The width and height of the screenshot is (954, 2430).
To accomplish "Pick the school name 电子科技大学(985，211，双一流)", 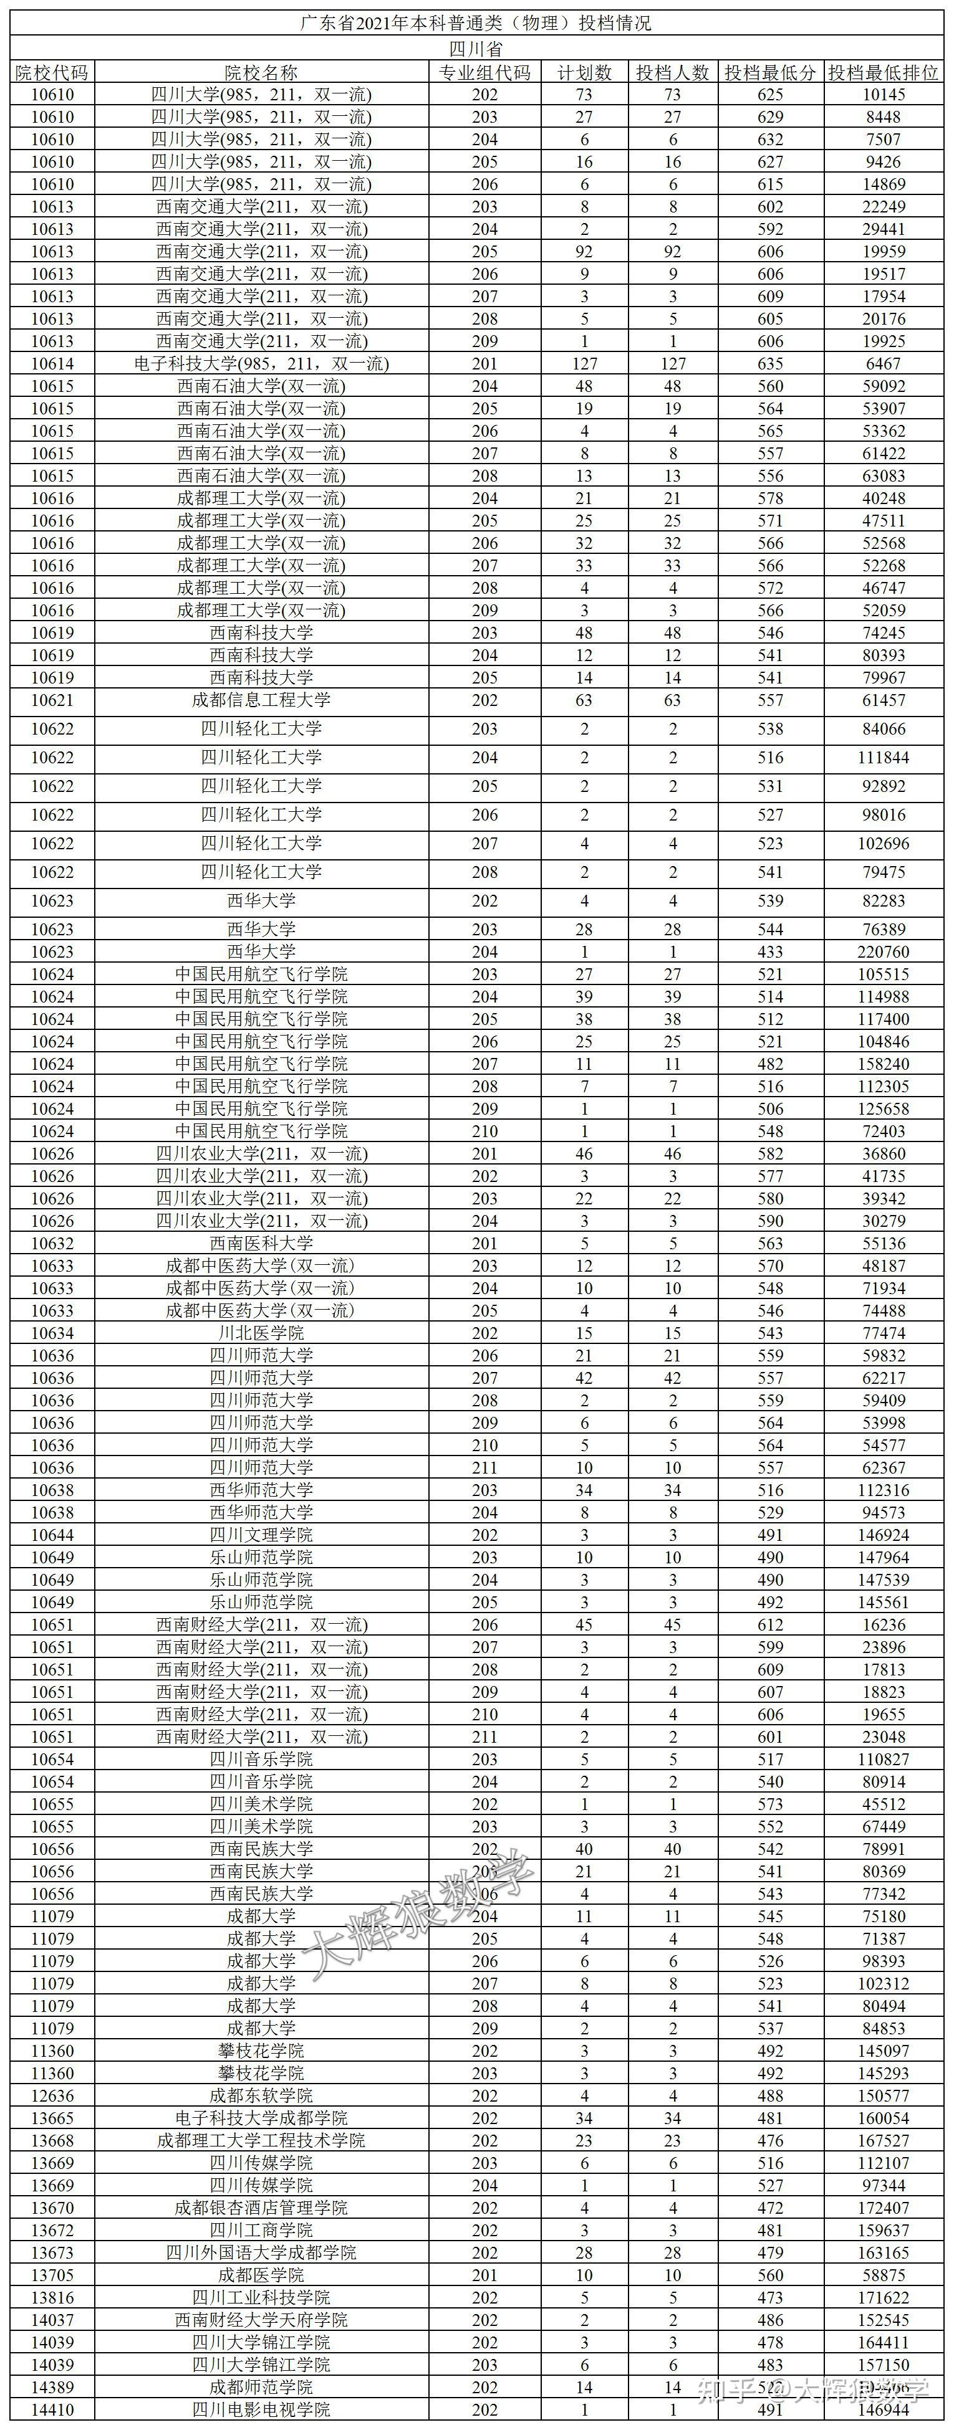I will coord(261,364).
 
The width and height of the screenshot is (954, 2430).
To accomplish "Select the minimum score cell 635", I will coord(770,364).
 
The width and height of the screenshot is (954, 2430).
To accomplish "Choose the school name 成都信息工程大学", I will coord(261,700).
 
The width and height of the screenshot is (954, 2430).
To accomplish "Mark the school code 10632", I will coord(52,1243).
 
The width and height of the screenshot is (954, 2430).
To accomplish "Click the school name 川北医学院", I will coord(261,1333).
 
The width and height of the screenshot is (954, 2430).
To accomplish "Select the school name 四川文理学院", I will coord(261,1535).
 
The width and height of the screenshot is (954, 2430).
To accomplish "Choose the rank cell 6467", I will coord(883,364).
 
